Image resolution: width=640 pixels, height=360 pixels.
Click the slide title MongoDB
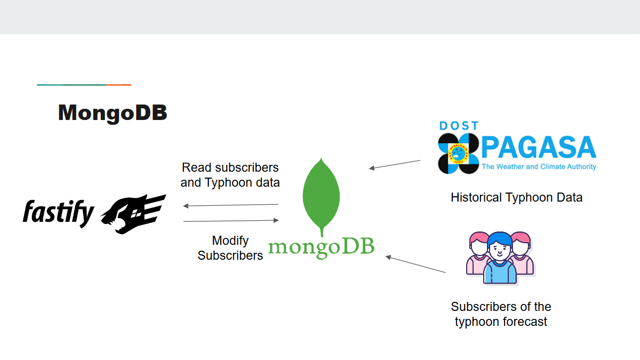113,113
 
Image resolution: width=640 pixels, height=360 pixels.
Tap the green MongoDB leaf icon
321,195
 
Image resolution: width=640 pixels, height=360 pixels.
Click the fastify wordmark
58,213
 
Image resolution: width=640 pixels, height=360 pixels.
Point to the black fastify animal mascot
133,213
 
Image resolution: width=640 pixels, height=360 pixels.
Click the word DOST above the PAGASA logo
459,126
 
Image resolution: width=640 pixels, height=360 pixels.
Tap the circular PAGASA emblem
458,154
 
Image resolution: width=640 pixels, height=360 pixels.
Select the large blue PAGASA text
539,148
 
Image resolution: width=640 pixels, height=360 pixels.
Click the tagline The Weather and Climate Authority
539,167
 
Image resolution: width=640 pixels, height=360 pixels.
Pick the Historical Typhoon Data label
516,197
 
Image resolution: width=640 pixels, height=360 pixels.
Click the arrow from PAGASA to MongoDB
395,164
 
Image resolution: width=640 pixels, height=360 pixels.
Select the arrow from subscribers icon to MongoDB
415,265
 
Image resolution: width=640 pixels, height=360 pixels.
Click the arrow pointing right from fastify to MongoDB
230,220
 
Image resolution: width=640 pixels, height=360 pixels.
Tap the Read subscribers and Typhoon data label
230,175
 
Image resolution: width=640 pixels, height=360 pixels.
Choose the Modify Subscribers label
230,248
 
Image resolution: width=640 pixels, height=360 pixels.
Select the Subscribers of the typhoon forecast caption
501,314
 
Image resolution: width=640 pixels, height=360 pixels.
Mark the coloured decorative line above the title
84,85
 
